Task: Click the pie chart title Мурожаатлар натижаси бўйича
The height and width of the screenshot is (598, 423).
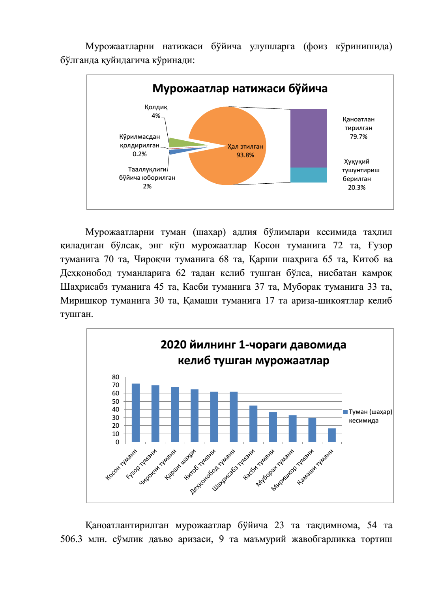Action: click(x=240, y=88)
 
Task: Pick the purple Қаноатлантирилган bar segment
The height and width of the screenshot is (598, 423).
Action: click(x=309, y=138)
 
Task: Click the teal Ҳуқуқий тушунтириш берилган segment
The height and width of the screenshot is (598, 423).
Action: click(x=309, y=175)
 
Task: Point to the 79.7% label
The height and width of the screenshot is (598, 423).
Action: click(x=358, y=137)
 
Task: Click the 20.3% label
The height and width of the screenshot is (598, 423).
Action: click(x=357, y=188)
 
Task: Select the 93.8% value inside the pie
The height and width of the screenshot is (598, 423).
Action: click(x=245, y=155)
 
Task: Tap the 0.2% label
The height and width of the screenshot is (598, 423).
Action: click(x=140, y=154)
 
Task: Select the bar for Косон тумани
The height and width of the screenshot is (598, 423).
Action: click(x=136, y=413)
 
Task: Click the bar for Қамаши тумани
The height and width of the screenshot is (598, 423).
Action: click(x=332, y=435)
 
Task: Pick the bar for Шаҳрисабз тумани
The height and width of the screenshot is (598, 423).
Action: click(x=253, y=424)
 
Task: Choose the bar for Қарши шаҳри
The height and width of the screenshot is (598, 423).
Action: click(x=195, y=415)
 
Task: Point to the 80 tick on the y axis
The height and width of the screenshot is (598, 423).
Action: click(x=116, y=377)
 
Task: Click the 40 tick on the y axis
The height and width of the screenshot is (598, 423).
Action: click(x=116, y=410)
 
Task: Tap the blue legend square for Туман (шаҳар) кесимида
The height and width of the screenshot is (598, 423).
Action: click(x=345, y=412)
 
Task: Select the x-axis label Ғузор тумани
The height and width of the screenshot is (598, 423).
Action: click(x=142, y=464)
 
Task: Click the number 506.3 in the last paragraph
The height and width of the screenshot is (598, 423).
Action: click(x=71, y=539)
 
